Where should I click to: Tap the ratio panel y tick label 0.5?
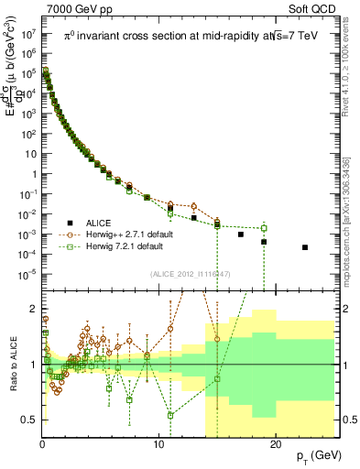click(x=29, y=420)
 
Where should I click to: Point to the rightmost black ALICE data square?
click(x=305, y=247)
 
